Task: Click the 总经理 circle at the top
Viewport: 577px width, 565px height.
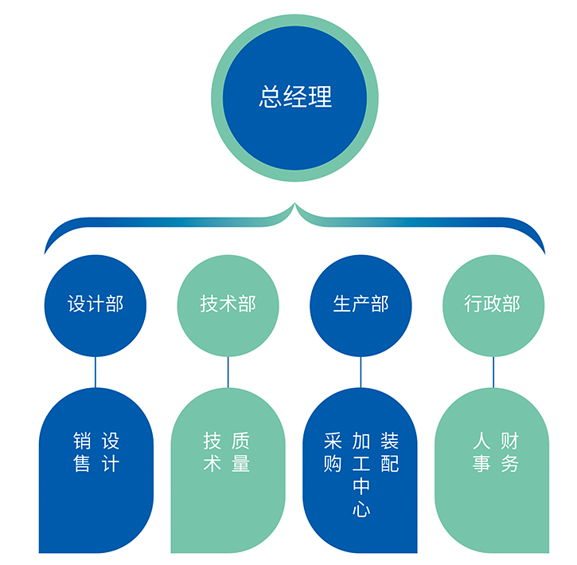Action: click(295, 98)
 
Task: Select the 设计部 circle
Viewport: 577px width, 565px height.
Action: click(96, 304)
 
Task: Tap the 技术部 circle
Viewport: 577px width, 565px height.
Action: click(228, 304)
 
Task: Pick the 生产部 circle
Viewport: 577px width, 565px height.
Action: click(361, 304)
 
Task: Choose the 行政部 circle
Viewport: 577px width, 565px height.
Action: click(493, 304)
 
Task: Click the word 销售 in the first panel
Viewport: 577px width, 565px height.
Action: click(81, 452)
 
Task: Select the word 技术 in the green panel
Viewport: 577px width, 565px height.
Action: click(212, 452)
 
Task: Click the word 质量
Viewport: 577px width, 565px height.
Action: click(241, 452)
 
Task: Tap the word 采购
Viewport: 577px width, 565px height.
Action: click(333, 452)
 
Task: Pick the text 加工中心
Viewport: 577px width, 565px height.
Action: click(361, 475)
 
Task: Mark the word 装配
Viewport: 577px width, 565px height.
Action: click(390, 452)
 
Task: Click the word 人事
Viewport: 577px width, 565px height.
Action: click(481, 452)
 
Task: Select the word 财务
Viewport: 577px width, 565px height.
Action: click(509, 452)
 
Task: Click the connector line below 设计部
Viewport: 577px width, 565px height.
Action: click(96, 371)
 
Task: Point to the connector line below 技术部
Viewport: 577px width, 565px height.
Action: click(228, 371)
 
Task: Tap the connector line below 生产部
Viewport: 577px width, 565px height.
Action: click(361, 371)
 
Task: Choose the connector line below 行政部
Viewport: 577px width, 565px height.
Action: click(493, 371)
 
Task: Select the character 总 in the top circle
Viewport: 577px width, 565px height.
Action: click(271, 97)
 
